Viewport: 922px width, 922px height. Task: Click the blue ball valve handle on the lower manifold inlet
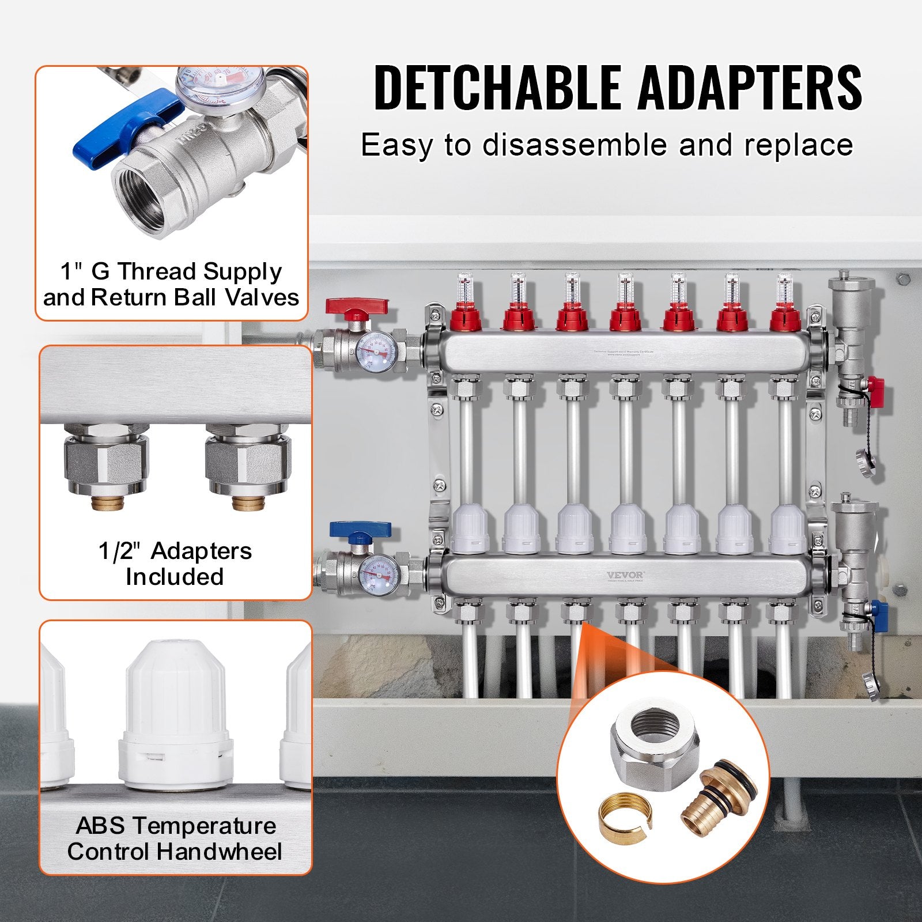tap(360, 529)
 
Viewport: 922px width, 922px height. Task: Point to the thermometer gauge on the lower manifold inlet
tap(377, 573)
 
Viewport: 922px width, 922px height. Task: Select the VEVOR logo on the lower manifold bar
tap(625, 575)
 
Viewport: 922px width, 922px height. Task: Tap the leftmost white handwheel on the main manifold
tap(470, 527)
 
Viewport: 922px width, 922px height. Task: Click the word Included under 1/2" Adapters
tap(175, 577)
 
